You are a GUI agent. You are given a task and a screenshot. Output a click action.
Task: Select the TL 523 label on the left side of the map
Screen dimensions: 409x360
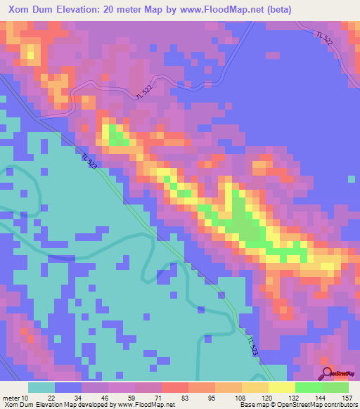89,162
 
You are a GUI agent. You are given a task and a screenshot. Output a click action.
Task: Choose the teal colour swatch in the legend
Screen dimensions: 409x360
41,387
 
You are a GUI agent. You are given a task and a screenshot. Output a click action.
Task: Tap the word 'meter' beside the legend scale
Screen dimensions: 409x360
12,398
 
